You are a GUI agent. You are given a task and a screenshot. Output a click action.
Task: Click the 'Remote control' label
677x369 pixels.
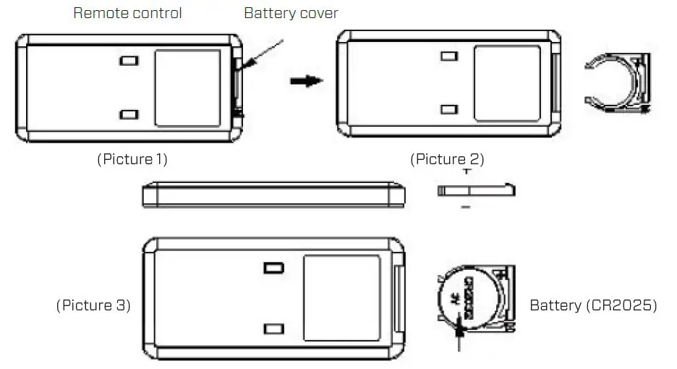click(127, 13)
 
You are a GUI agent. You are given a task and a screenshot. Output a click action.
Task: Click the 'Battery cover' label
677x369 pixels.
click(291, 13)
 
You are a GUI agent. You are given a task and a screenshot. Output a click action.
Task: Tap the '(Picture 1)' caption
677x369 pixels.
click(132, 159)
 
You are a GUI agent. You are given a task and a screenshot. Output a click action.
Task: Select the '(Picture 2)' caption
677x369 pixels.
click(447, 159)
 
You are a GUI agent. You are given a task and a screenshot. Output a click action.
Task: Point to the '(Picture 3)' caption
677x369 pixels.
click(93, 305)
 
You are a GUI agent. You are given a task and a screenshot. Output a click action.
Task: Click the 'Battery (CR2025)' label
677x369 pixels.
click(593, 305)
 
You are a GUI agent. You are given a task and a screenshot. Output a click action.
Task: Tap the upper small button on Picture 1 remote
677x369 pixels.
click(129, 61)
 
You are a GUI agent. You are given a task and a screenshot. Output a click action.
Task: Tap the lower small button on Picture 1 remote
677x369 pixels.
click(129, 114)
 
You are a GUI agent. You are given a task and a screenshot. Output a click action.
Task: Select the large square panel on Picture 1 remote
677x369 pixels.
click(187, 85)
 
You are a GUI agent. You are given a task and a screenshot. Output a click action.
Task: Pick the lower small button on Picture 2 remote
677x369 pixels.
click(448, 109)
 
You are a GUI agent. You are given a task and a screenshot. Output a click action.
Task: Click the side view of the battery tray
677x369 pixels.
click(476, 190)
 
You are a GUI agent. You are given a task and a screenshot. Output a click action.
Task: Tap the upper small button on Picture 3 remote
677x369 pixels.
click(273, 268)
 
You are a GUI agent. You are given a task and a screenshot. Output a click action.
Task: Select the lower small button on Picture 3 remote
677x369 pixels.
click(273, 328)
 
